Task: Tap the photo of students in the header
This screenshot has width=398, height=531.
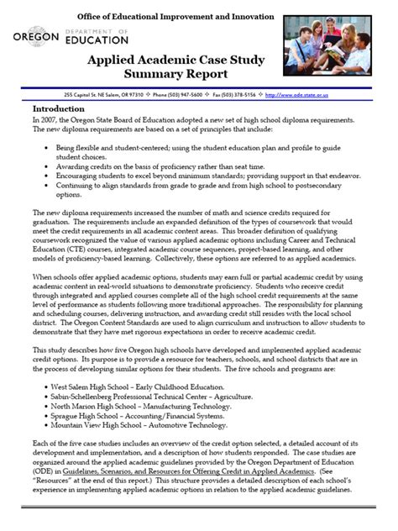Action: [x=341, y=46]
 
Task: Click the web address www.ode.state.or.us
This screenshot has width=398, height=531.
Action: [x=341, y=95]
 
